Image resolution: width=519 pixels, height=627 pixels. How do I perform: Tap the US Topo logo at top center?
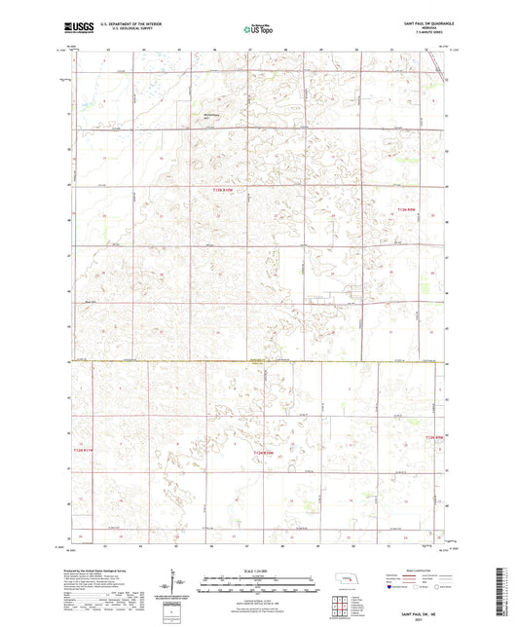[x=259, y=29]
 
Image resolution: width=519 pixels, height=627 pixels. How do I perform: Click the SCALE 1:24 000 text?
[x=259, y=572]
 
